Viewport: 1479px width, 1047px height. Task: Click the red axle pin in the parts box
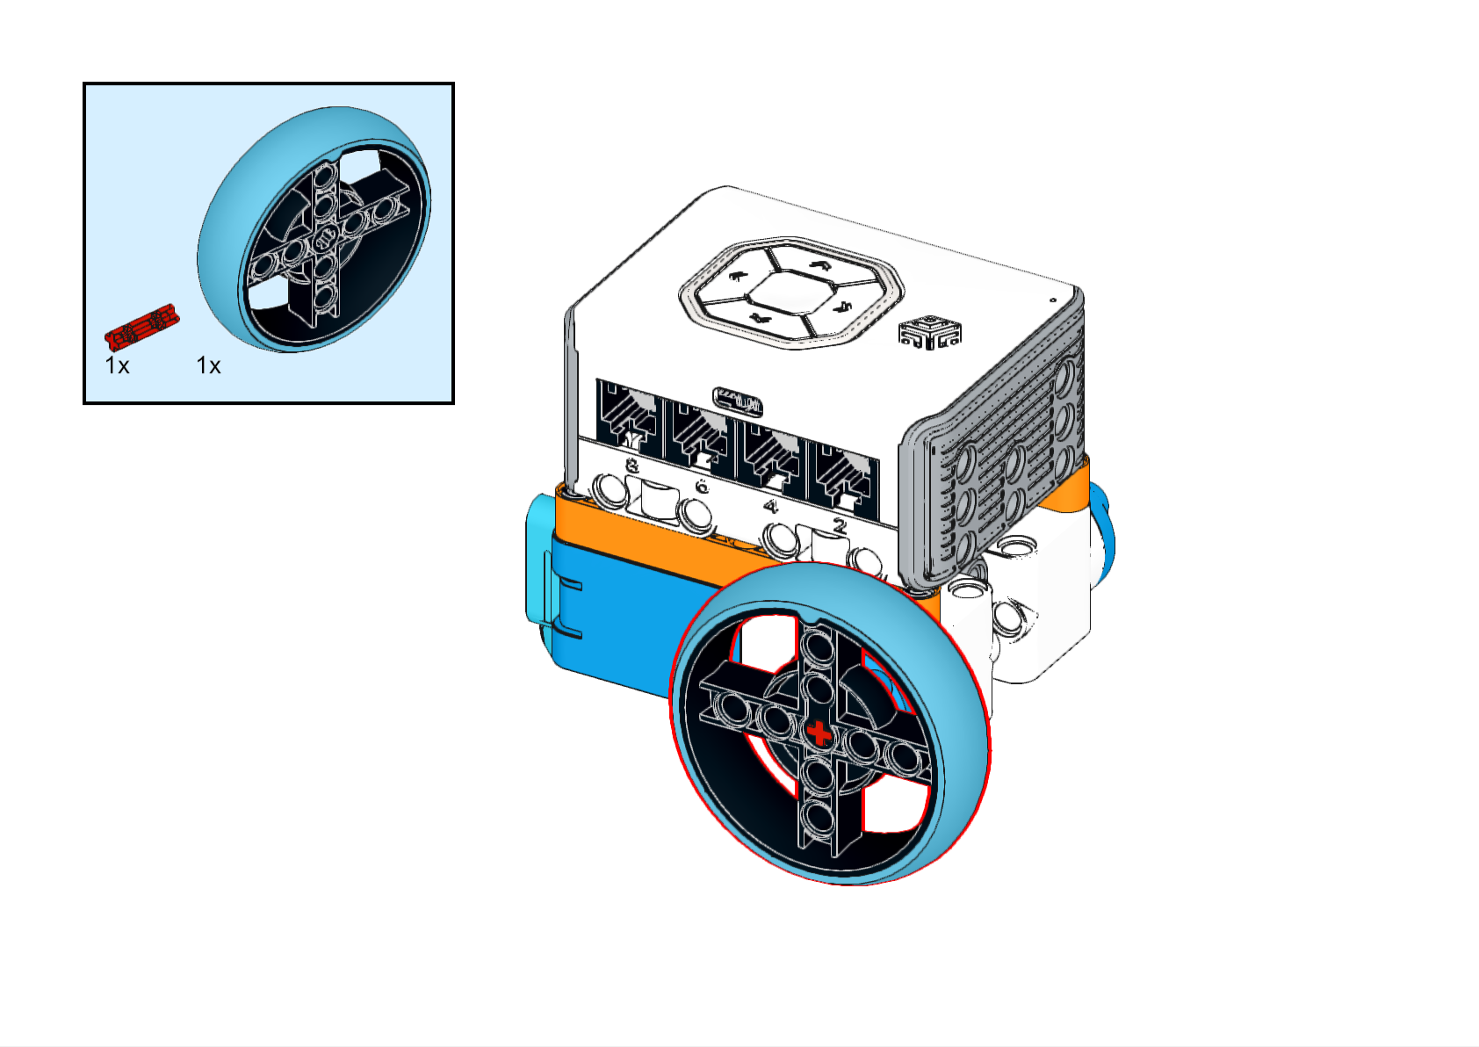pos(142,326)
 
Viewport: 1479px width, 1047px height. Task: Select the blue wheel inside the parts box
pos(314,228)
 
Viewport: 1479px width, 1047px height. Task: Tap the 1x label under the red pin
pos(118,365)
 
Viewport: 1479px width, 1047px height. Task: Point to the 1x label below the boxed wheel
pos(209,365)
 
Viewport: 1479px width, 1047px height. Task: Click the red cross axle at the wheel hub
pos(819,733)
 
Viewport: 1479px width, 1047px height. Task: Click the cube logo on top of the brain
pos(930,331)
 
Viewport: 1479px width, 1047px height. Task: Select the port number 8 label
pos(631,466)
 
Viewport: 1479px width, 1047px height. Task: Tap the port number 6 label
pos(702,487)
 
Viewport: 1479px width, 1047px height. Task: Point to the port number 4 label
pos(770,507)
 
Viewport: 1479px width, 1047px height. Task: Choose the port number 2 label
pos(840,526)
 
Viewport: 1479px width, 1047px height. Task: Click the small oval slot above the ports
pos(738,401)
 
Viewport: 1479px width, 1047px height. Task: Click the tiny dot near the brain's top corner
pos(1052,300)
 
